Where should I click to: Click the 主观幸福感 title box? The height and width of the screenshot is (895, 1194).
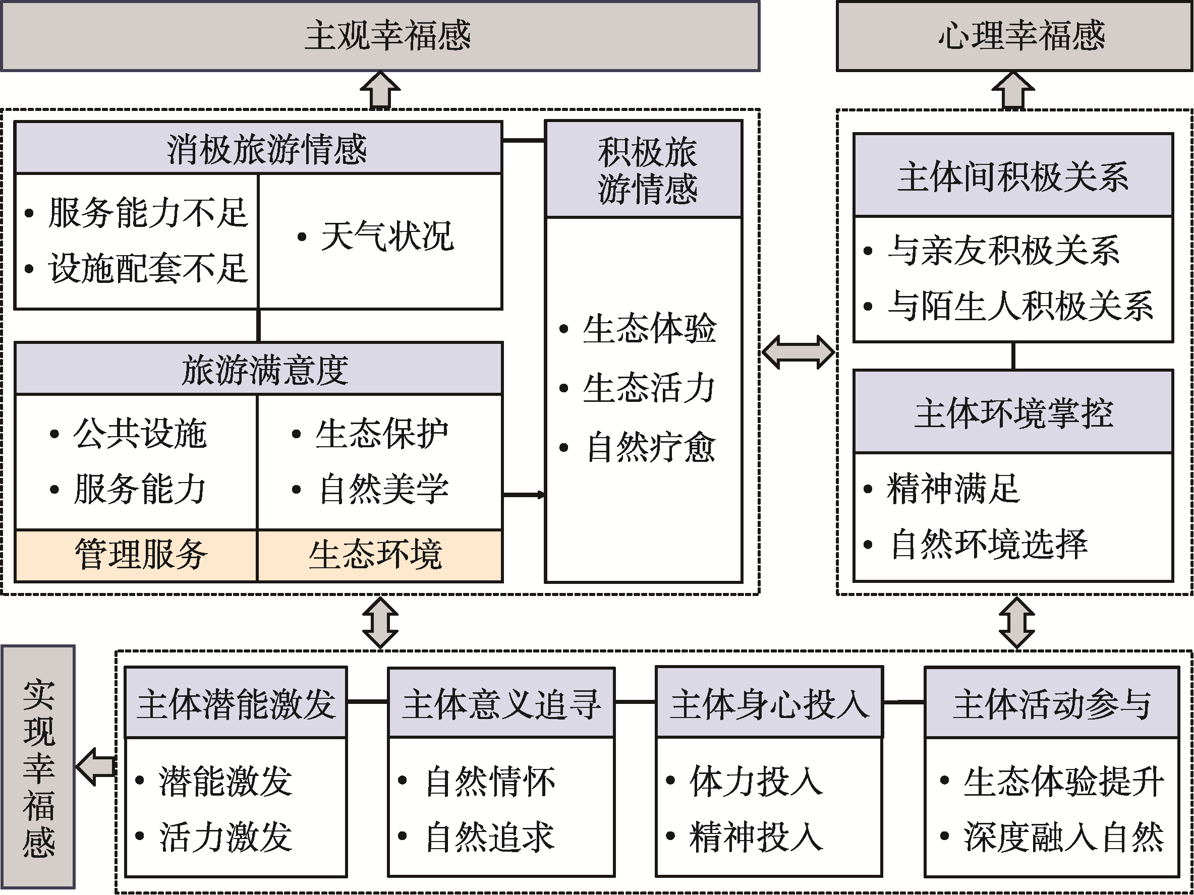(380, 36)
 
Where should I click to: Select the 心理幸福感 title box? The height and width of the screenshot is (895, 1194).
(1014, 36)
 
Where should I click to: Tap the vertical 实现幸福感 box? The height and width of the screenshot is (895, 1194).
(38, 766)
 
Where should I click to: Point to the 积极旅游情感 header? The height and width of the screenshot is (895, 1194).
(644, 169)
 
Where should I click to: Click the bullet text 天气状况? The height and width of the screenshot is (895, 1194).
(386, 236)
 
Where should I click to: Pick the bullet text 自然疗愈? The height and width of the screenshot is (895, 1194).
(650, 447)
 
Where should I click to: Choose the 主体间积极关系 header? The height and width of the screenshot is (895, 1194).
(1013, 176)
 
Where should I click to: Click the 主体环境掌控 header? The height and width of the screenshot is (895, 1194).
(1013, 412)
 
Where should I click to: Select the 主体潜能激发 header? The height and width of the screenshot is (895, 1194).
(236, 703)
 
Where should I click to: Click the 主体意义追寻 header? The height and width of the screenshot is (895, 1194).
(501, 703)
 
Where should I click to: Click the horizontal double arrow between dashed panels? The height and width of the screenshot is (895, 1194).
(799, 352)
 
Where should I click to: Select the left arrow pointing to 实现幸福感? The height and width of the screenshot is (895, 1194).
(95, 766)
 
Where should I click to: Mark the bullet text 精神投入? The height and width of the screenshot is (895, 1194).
(756, 837)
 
